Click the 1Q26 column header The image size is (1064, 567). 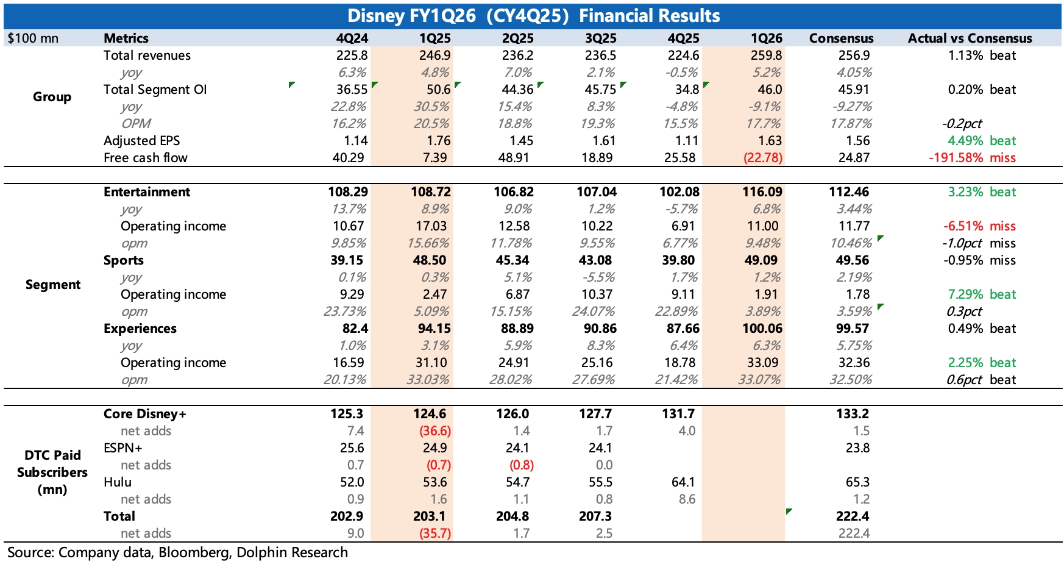(766, 38)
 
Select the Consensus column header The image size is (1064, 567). (841, 38)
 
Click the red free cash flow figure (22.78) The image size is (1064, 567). (762, 158)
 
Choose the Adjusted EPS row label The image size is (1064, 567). (142, 141)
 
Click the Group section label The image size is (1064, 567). (52, 97)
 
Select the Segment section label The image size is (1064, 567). (53, 285)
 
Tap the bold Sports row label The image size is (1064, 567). (124, 260)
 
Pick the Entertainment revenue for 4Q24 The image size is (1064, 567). (348, 192)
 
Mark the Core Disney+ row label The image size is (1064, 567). (145, 414)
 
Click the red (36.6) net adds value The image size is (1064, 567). (434, 431)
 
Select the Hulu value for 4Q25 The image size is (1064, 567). (683, 482)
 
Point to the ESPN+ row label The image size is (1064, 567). (123, 448)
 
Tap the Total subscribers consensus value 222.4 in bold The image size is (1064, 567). (852, 516)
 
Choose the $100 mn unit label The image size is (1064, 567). (33, 38)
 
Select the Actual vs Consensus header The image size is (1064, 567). (970, 38)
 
